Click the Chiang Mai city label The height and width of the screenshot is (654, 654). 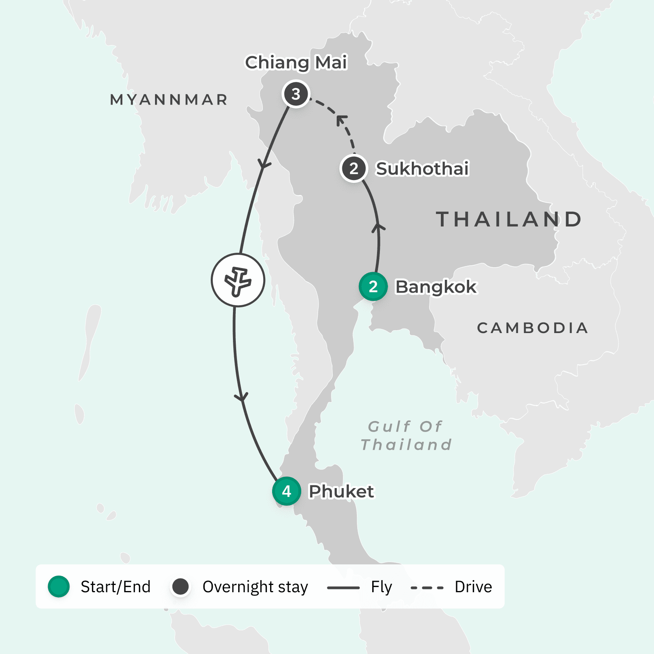296,63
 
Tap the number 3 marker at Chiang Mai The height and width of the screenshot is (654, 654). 296,94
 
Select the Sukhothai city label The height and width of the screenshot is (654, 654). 422,169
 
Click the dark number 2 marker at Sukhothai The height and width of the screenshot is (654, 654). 354,169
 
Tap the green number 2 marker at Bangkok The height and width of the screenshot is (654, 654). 373,287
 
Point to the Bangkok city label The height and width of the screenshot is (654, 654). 436,287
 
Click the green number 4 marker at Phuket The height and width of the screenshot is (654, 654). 287,491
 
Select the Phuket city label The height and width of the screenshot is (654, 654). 341,492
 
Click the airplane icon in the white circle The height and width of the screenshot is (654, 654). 238,280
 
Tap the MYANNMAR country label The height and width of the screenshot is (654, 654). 169,100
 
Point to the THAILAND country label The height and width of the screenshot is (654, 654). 509,220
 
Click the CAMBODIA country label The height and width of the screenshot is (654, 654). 532,328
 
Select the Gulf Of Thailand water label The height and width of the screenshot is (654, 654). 406,436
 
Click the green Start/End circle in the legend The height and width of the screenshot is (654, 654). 59,587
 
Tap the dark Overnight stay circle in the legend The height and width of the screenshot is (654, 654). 180,587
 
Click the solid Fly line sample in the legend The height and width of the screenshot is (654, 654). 343,588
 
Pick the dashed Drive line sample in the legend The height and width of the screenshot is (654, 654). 427,588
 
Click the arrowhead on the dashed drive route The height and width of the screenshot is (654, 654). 342,119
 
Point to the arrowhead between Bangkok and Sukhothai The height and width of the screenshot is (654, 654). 378,227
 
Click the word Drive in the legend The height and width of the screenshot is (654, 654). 473,587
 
